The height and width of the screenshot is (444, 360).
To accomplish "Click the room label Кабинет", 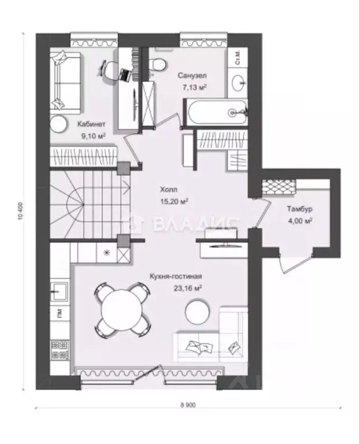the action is coord(91,124).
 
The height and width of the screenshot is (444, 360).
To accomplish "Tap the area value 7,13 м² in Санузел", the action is coord(194,87).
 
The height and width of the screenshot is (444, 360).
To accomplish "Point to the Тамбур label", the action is coord(300,209).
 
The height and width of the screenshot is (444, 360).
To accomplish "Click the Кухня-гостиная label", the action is coord(176,276).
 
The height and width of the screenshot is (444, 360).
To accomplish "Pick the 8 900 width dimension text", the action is coord(188,405).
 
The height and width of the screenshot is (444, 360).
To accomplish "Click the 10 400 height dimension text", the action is coord(20,211).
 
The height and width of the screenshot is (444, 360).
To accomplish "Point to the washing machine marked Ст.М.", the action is coord(237,57).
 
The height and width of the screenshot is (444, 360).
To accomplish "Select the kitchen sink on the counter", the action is coord(60,291).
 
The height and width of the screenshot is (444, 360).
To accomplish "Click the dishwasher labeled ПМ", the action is coord(60,313).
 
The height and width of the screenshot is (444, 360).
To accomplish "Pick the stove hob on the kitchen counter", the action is coord(60,350).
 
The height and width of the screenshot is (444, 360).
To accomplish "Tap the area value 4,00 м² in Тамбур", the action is coord(300,221).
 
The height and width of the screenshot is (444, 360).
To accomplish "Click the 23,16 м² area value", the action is coord(187,288).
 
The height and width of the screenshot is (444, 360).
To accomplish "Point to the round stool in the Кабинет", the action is coord(58,124).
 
